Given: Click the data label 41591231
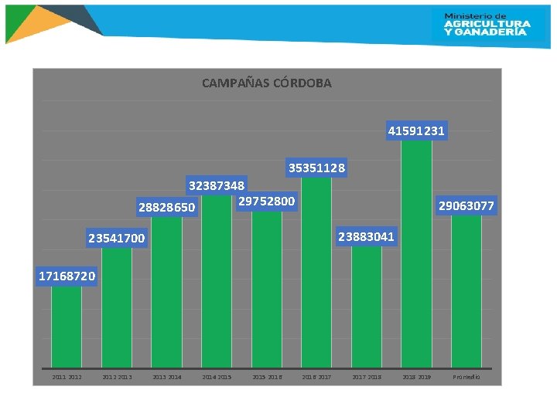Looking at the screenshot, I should click(x=416, y=131).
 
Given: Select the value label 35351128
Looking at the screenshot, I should click(x=316, y=168).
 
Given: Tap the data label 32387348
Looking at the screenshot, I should click(x=217, y=185).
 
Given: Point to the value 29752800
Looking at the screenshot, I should click(x=266, y=202).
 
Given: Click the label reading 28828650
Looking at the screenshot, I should click(x=166, y=208).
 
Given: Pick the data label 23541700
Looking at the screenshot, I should click(x=116, y=239).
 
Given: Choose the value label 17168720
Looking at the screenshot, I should click(x=67, y=276).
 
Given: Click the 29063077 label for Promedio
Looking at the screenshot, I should click(x=466, y=205).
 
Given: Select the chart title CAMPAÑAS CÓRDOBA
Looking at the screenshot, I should click(x=266, y=83).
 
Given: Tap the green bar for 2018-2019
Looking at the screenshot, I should click(x=416, y=255).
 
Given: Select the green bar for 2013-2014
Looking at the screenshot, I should click(x=166, y=293).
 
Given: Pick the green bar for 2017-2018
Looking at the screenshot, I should click(x=366, y=309).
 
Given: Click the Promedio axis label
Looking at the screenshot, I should click(x=466, y=377).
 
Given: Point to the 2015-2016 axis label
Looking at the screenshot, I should click(x=267, y=377).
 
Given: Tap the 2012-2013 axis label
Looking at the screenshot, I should click(x=117, y=377).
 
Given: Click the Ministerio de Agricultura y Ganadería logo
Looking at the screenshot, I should click(x=487, y=24).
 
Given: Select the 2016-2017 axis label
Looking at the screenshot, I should click(x=316, y=377).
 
